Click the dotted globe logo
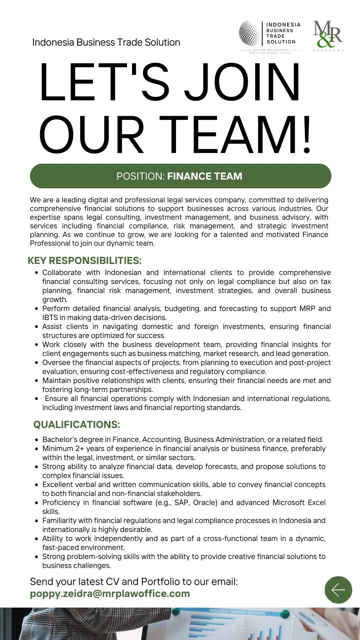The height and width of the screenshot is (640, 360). point(249,33)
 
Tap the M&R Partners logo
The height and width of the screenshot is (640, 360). point(328,35)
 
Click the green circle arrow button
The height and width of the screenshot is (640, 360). point(338,590)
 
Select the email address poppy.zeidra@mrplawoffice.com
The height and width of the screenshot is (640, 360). point(110,594)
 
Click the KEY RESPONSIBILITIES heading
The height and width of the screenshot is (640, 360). point(85,260)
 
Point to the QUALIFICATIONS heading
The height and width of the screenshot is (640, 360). point(76,424)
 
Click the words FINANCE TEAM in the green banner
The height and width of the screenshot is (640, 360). point(205,176)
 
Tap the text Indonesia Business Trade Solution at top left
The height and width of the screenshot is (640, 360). point(106,42)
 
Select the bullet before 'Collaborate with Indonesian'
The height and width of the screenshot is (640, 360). point(36,273)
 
